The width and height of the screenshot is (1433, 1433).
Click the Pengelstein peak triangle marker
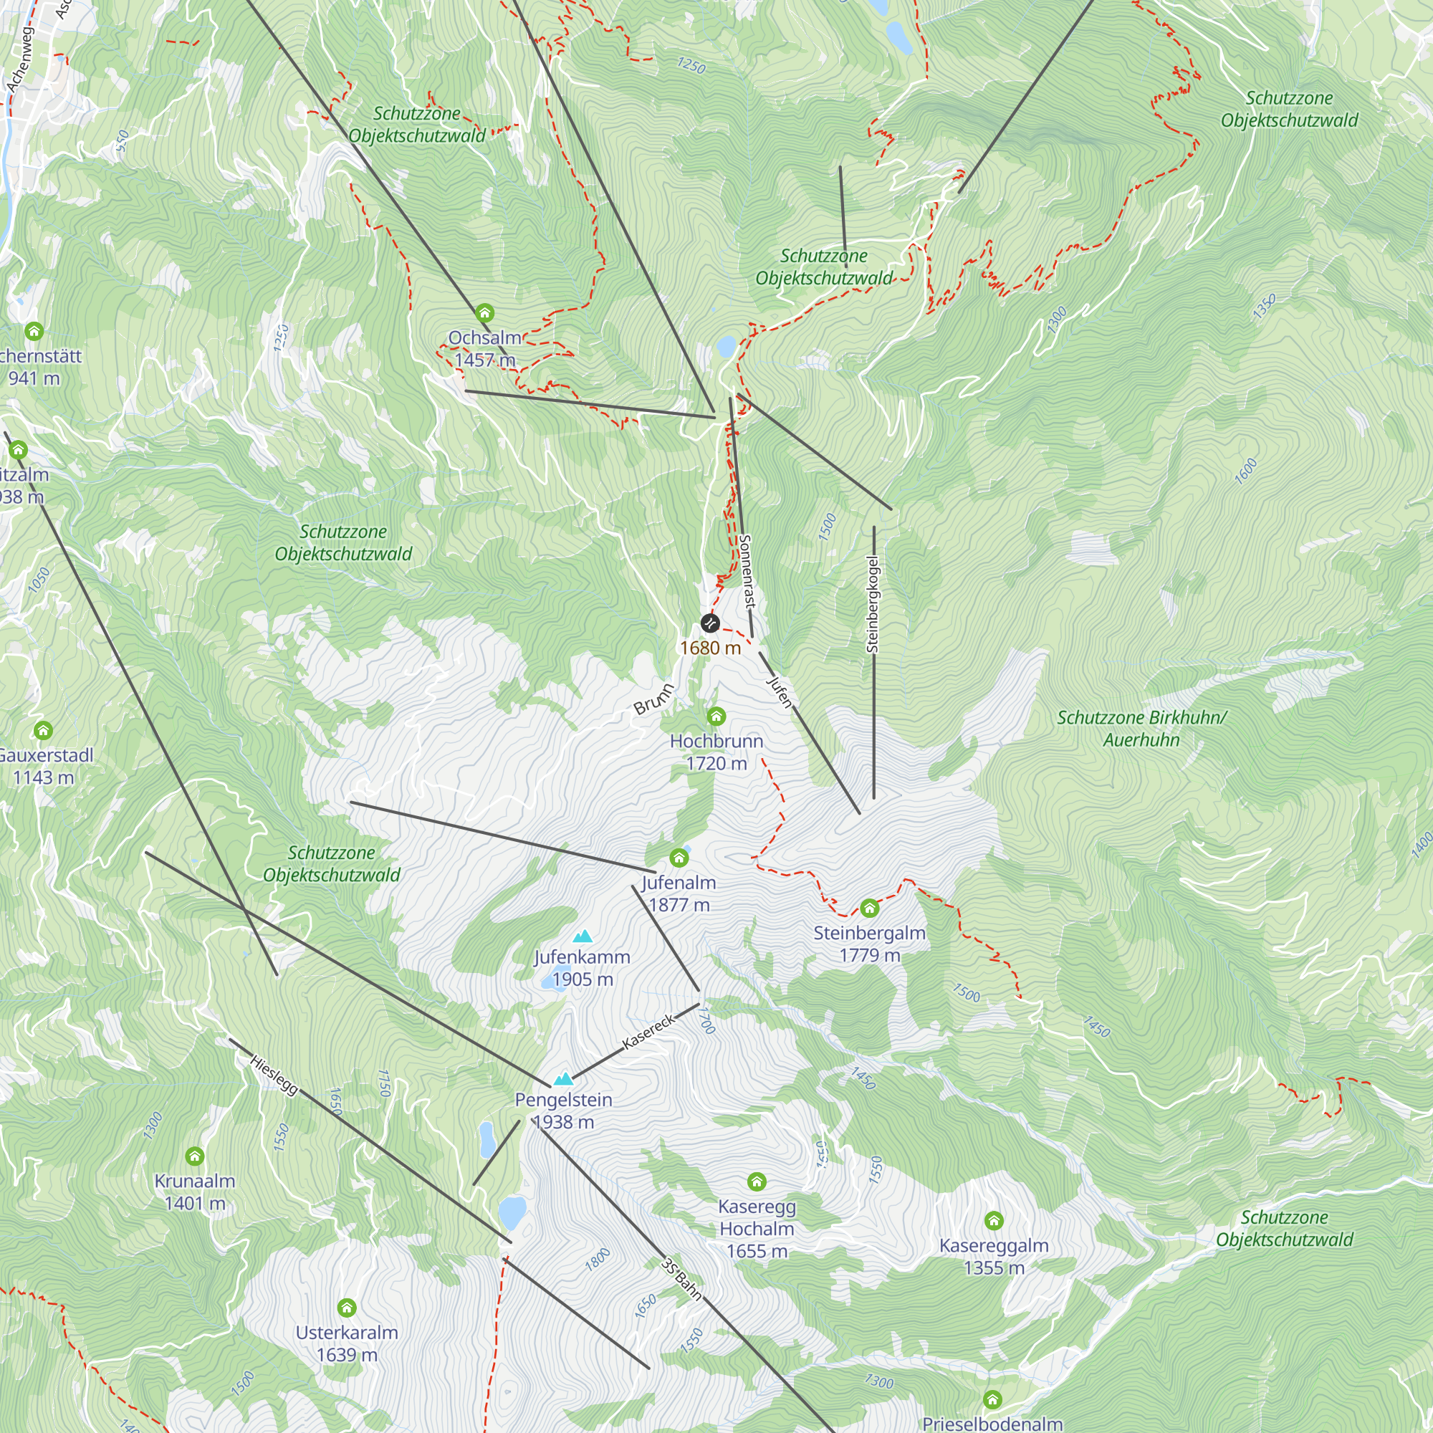tap(564, 1079)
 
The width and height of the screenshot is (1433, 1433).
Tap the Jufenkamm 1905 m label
tap(583, 968)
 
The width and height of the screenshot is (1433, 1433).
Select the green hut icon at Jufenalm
tap(679, 858)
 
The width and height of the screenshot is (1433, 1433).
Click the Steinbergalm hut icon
tap(869, 908)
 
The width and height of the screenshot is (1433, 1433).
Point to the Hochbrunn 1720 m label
tap(716, 752)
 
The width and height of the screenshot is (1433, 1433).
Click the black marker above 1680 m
tap(710, 623)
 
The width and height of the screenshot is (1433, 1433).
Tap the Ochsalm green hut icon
tap(484, 313)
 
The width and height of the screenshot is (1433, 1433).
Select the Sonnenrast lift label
tap(746, 572)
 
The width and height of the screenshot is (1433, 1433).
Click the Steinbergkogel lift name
tap(873, 604)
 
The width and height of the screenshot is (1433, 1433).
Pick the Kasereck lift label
tap(649, 1031)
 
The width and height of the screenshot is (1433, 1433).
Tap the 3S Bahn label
tap(681, 1279)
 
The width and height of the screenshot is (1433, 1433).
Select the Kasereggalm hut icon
tap(994, 1220)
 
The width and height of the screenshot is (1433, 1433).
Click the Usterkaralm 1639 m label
tap(347, 1343)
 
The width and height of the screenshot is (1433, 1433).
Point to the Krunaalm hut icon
tap(194, 1156)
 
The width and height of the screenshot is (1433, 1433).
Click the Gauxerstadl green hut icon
tap(43, 731)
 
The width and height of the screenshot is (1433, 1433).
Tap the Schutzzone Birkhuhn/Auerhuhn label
tap(1141, 729)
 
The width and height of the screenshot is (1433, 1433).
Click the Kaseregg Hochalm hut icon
tap(757, 1181)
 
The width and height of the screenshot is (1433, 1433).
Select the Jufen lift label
tap(780, 691)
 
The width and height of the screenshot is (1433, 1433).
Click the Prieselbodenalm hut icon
tap(992, 1399)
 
